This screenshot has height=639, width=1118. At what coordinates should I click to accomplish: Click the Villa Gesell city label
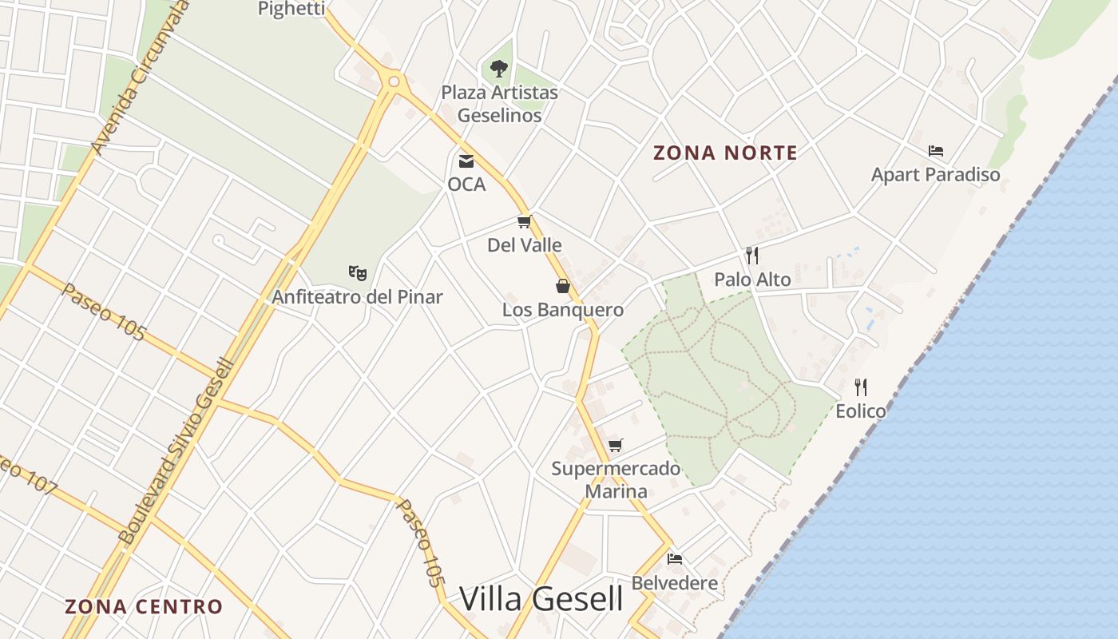[x=541, y=598]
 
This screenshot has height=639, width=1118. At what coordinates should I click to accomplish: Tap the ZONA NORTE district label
[x=725, y=153]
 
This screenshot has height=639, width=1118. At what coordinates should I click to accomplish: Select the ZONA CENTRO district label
[x=144, y=606]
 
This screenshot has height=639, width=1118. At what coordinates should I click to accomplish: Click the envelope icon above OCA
[x=466, y=161]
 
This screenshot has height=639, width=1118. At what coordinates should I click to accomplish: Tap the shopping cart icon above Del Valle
[x=524, y=221]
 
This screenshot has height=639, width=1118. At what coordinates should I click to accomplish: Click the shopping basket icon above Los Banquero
[x=563, y=286]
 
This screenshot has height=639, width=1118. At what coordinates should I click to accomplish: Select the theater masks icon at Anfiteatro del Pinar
[x=358, y=273]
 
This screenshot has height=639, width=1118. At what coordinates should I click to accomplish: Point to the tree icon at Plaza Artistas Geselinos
[x=499, y=69]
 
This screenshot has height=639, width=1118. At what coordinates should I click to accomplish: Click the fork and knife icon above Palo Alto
[x=751, y=256]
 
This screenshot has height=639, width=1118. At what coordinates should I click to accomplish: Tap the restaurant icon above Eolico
[x=861, y=387]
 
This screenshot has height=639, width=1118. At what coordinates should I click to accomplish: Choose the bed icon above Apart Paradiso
[x=936, y=150]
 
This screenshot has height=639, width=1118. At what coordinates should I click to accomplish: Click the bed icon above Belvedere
[x=675, y=558]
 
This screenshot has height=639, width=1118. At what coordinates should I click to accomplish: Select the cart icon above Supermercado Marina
[x=615, y=445]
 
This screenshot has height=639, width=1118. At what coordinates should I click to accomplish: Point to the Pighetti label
[x=291, y=9]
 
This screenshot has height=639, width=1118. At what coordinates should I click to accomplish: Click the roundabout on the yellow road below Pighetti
[x=393, y=81]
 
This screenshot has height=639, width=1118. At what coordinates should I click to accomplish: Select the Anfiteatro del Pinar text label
[x=357, y=297]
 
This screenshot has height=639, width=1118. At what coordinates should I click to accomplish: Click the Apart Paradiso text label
[x=935, y=174]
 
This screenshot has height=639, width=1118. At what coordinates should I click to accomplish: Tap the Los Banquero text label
[x=563, y=310]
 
